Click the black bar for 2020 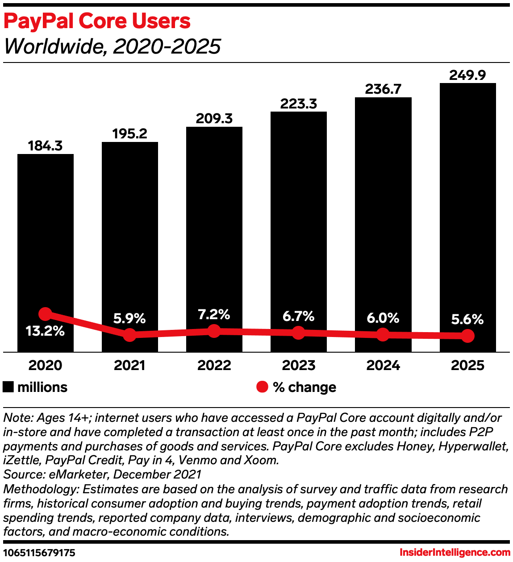tap(45, 232)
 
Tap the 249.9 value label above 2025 tap(467, 75)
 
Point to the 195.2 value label tap(129, 133)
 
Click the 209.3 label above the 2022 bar tap(214, 118)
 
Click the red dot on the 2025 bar tap(467, 336)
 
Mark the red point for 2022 tap(214, 331)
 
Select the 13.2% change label tap(45, 331)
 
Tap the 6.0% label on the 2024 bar tap(383, 318)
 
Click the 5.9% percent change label tap(129, 318)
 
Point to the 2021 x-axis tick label tap(129, 365)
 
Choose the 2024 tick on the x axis tap(383, 365)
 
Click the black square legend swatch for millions tap(8, 387)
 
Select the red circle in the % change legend tap(262, 387)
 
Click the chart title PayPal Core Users tap(97, 21)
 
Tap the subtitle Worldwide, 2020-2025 tap(112, 46)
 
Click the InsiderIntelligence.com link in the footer tap(455, 553)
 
